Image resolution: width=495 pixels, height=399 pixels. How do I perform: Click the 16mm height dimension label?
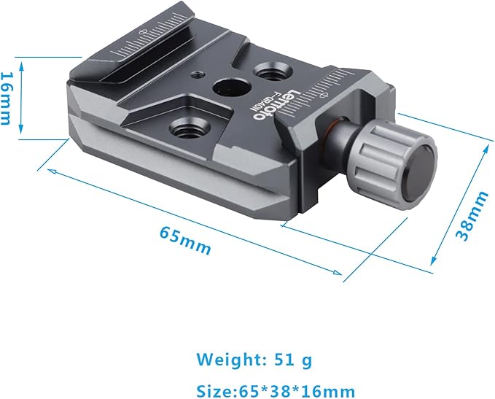coord(7,98)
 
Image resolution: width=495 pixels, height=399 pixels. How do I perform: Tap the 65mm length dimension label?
coord(185,241)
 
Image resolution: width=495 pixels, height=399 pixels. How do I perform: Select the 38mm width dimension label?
coord(472,216)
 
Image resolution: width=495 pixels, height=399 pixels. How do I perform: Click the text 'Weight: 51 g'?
coord(254,360)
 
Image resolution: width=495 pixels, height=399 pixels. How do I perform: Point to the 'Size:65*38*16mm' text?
coord(276,391)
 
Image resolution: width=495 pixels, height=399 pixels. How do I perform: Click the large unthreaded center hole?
coord(231,87)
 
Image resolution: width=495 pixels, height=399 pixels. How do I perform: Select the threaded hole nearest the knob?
coord(273,71)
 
